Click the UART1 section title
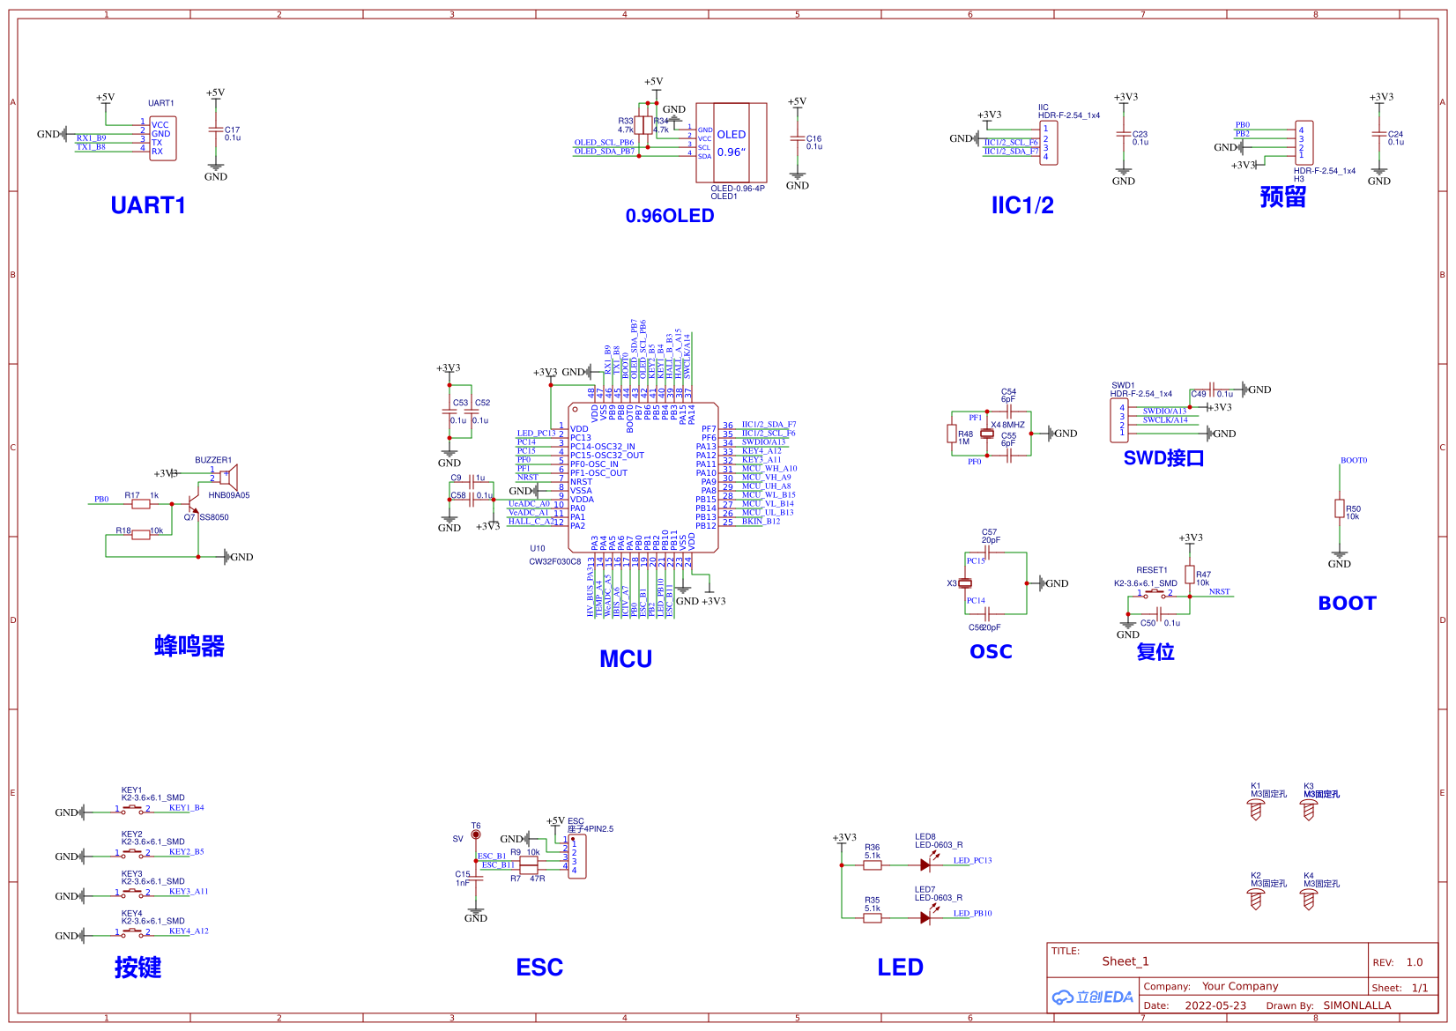pyautogui.click(x=148, y=205)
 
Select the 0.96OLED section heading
pyautogui.click(x=670, y=216)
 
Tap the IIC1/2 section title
pyautogui.click(x=1022, y=205)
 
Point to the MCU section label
pyautogui.click(x=626, y=659)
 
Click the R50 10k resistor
pyautogui.click(x=1340, y=509)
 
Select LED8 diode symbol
pyautogui.click(x=925, y=865)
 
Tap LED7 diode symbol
pyautogui.click(x=925, y=918)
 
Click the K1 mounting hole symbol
pyautogui.click(x=1256, y=810)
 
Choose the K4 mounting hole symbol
pyautogui.click(x=1309, y=899)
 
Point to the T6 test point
pyautogui.click(x=476, y=834)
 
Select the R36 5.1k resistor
pyautogui.click(x=873, y=865)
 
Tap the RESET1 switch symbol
pyautogui.click(x=1154, y=594)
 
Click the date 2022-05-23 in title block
pyautogui.click(x=1215, y=1005)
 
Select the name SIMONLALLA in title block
pyautogui.click(x=1357, y=1005)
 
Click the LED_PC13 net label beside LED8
pyautogui.click(x=972, y=861)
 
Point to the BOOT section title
pyautogui.click(x=1347, y=604)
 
